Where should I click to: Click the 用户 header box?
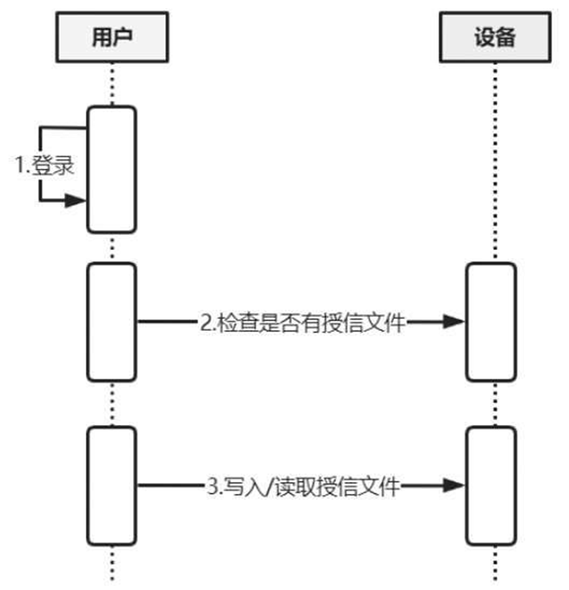(x=111, y=36)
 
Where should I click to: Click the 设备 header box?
(x=494, y=36)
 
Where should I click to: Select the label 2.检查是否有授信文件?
(x=302, y=323)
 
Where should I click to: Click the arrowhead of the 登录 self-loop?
(x=75, y=201)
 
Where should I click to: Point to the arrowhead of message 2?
(x=453, y=322)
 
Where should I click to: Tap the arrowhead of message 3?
(x=453, y=486)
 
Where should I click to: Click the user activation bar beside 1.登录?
(x=111, y=169)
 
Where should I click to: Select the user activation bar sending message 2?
(x=111, y=322)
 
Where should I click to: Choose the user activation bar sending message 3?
(x=111, y=486)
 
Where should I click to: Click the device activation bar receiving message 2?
(x=490, y=322)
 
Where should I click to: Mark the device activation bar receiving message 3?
(x=490, y=486)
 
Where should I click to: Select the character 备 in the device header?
(x=506, y=36)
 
